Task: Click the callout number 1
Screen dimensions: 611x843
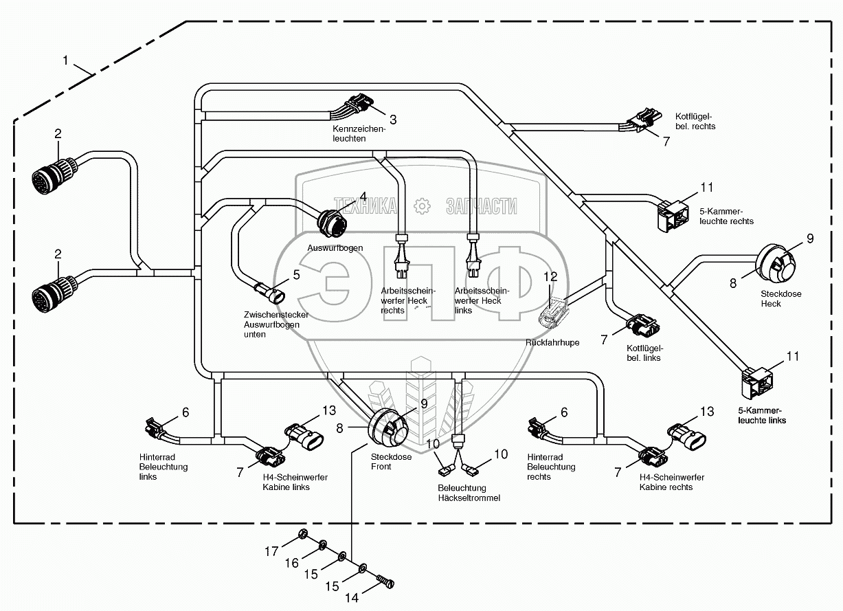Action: [66, 60]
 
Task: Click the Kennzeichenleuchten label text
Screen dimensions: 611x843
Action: [359, 133]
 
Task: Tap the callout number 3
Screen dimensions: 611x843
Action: [394, 120]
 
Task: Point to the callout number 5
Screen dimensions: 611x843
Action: [296, 274]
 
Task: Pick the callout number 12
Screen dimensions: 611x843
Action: [551, 276]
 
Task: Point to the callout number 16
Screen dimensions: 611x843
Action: [292, 563]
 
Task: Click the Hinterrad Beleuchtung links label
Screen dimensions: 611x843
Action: [163, 467]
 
